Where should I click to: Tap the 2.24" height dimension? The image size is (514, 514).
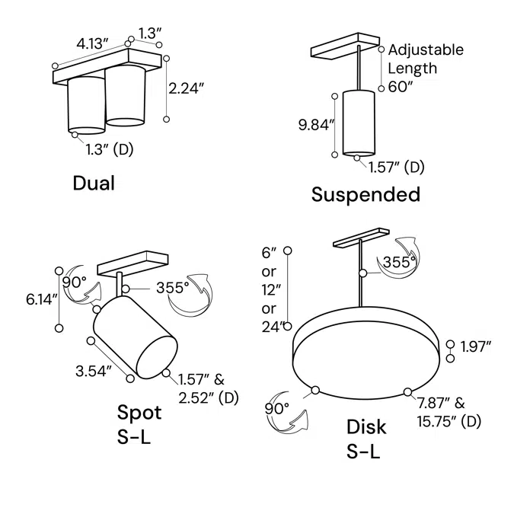188,88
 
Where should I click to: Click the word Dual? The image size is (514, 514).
94,183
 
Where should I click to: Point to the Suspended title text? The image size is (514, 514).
366,194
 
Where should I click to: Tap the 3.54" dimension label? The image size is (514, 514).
94,372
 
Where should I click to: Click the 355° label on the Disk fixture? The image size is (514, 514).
399,261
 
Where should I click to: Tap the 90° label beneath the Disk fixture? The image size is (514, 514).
278,408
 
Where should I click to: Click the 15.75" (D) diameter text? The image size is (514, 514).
449,420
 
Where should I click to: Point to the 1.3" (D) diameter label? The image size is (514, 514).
109,149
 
